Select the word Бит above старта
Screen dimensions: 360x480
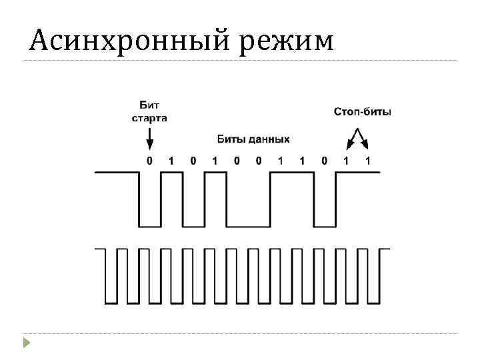coord(149,105)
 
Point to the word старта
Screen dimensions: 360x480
coord(149,118)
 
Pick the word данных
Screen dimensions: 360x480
coord(269,139)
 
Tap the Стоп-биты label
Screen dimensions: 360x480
coord(363,111)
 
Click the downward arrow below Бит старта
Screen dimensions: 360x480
coord(149,139)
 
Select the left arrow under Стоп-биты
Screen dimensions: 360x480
coord(349,140)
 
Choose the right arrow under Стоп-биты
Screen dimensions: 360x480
coord(364,140)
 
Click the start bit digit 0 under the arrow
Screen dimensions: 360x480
coord(149,161)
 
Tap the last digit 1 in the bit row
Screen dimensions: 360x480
coord(368,161)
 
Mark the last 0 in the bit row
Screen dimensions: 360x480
coord(324,161)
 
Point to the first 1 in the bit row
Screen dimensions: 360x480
coord(171,161)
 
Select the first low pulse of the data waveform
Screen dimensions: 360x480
coord(149,213)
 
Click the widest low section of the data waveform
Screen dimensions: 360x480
coord(248,213)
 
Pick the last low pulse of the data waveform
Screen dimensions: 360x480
coord(324,213)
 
